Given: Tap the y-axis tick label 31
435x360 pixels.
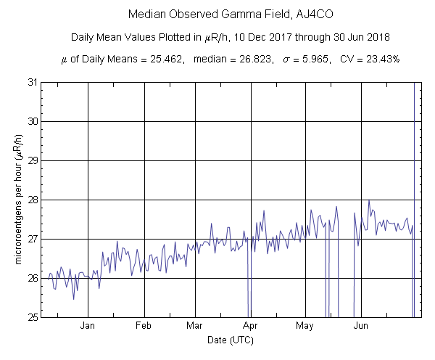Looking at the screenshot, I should tap(32, 82).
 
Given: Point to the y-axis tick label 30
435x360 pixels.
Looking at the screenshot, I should tap(32, 121).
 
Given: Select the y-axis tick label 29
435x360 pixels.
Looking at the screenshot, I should tap(32, 160).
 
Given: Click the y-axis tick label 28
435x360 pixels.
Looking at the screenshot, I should tap(32, 200).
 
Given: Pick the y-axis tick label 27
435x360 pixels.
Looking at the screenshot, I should tap(32, 239).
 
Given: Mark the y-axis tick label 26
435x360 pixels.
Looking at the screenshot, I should tap(32, 278).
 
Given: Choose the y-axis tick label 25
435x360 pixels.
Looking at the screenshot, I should tap(32, 317).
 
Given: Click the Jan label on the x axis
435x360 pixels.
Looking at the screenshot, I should tap(88, 327).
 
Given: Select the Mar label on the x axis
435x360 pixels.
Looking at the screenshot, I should tap(195, 327).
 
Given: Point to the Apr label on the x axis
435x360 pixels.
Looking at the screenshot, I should tap(251, 327).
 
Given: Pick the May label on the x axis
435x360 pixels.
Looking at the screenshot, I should tap(305, 327).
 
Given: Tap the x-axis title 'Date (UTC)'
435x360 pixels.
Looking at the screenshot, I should tap(231, 340).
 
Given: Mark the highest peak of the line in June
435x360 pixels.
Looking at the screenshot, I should tap(369, 201).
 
